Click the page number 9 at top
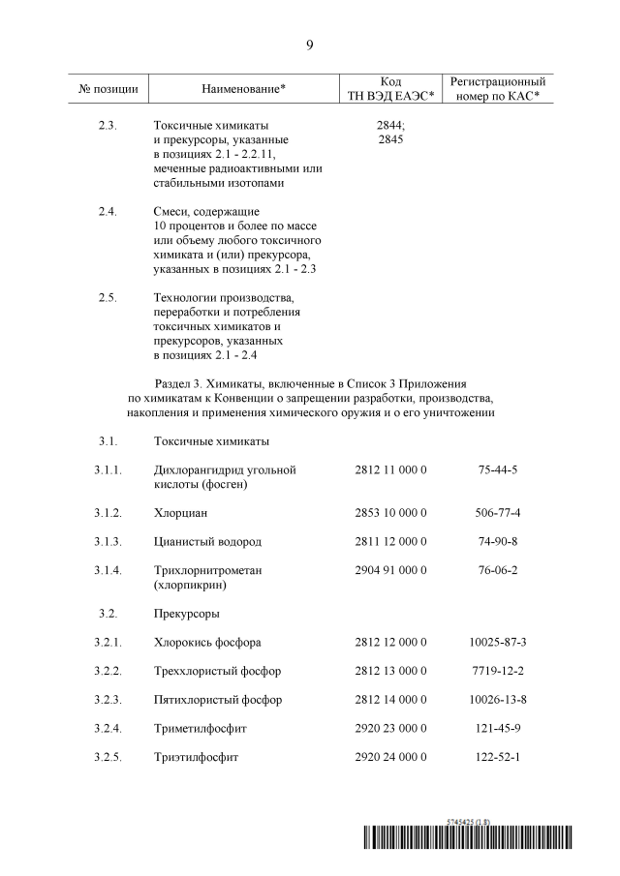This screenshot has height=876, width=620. [x=309, y=45]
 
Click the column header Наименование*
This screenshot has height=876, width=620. [x=243, y=89]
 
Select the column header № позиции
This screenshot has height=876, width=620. [x=108, y=89]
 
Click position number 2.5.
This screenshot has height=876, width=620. [x=108, y=296]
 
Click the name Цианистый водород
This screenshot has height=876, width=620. [x=207, y=541]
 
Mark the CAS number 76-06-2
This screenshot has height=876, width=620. [x=498, y=570]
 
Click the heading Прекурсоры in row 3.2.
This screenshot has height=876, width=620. [x=186, y=613]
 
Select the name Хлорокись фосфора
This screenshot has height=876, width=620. [x=207, y=642]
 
